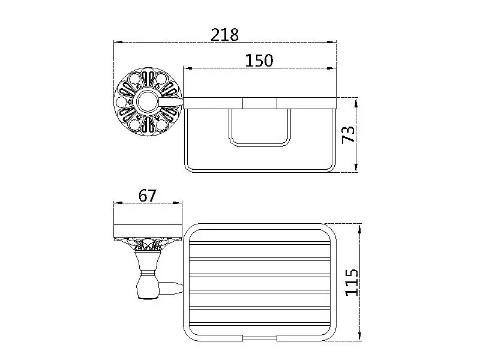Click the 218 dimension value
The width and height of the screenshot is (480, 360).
pos(224,35)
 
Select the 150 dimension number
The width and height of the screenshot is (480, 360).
pos(259,61)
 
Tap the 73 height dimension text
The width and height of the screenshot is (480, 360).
pos(349,134)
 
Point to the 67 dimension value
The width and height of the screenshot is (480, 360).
pos(147,196)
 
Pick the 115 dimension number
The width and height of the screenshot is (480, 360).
pos(352,283)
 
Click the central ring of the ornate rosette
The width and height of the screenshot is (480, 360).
pos(148,102)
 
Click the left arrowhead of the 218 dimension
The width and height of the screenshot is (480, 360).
pos(118,42)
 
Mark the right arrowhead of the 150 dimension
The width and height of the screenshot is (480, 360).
pos(332,68)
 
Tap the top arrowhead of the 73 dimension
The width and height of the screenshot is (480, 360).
pos(356,103)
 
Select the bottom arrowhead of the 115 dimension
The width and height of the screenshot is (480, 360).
pos(359,336)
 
